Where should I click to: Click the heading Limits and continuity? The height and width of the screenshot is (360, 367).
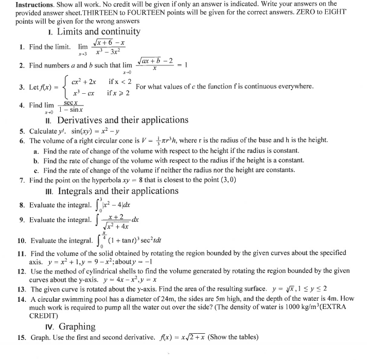point(98,32)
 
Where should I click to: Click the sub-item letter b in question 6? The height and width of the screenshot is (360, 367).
point(37,160)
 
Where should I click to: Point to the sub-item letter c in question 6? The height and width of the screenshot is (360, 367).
point(37,170)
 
